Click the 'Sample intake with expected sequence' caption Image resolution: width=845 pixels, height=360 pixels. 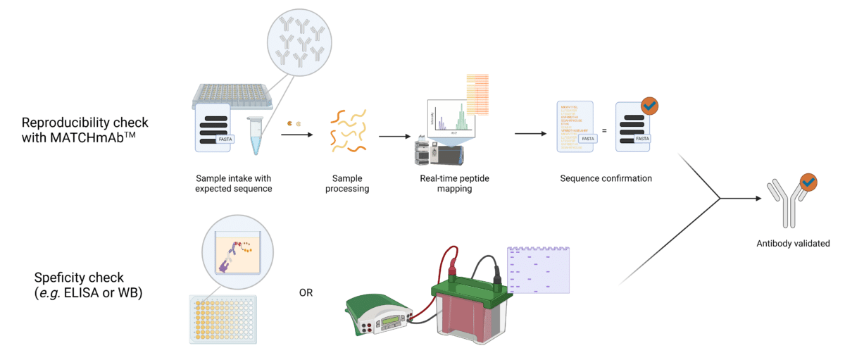coord(233,184)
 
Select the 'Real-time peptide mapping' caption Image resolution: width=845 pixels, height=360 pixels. coord(454,184)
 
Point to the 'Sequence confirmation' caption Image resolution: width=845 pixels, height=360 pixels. coord(606,178)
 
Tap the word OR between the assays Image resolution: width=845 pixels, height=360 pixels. coord(306,292)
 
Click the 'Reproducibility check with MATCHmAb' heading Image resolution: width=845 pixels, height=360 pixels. coord(84,130)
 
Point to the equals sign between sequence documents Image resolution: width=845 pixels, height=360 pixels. coord(604,131)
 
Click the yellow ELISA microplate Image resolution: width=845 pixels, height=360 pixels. coord(220,318)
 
